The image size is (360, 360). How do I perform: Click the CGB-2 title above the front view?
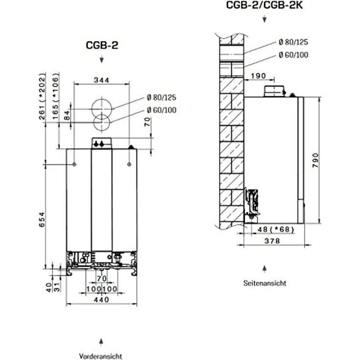tap(102, 45)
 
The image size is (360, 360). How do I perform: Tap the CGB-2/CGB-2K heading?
tap(264, 5)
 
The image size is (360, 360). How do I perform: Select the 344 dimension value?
tap(102, 80)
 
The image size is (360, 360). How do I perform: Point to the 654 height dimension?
tap(42, 220)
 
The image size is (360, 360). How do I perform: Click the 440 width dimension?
tap(101, 300)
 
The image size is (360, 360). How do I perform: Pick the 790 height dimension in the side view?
tap(315, 160)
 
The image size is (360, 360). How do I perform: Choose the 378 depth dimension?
tap(272, 241)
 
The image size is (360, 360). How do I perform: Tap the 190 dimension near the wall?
tap(258, 76)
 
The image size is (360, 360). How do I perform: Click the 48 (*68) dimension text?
tap(276, 229)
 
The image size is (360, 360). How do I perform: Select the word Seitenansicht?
tap(265, 283)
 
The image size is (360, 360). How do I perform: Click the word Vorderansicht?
tap(101, 356)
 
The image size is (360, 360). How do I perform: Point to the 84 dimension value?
tap(67, 115)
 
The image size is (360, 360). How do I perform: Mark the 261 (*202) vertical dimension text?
tap(42, 96)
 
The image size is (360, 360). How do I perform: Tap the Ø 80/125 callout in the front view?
tap(161, 97)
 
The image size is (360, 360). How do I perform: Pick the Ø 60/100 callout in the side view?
tap(293, 55)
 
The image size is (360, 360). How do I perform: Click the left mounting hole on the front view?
tap(74, 164)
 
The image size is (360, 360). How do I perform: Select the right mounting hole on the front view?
tap(129, 164)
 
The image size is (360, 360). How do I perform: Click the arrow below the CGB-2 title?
tap(101, 59)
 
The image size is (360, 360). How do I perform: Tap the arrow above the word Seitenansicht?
tap(265, 269)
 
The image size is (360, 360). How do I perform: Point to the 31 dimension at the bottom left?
tap(56, 287)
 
